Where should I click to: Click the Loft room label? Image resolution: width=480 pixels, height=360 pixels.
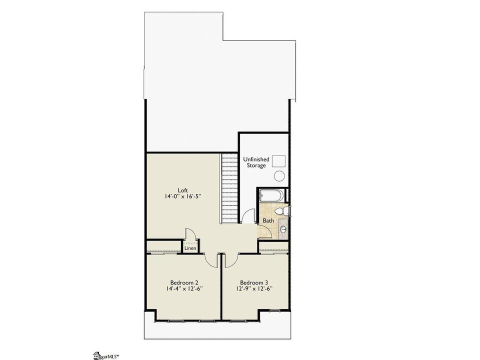(183, 190)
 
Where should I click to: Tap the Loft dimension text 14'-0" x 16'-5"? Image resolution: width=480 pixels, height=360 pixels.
(183, 197)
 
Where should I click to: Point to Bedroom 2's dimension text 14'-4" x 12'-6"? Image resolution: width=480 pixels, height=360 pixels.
(184, 288)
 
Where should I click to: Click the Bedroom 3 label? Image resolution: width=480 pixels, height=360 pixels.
(254, 282)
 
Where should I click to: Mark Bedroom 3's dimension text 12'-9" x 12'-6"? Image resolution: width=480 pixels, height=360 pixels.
(254, 288)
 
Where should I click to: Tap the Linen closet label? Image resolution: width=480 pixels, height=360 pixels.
(190, 248)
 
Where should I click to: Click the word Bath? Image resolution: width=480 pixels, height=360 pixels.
(268, 220)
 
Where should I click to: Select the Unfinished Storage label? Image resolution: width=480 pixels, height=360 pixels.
(256, 162)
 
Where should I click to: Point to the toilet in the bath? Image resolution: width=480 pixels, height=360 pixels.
(282, 211)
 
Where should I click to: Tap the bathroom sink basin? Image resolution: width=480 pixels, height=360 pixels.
(283, 229)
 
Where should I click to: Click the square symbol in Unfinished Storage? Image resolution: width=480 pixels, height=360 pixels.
(279, 161)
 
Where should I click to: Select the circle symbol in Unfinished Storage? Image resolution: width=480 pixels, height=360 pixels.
(279, 176)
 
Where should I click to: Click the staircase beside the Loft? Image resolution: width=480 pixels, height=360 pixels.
(229, 188)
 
